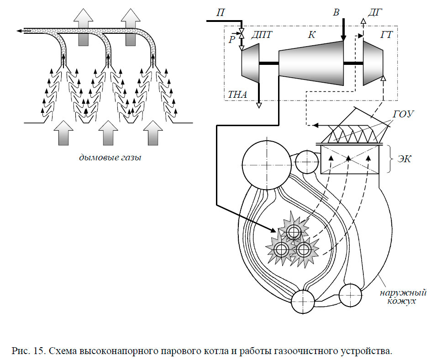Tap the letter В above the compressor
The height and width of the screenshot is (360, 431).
click(336, 12)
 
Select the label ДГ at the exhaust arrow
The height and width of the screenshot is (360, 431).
click(375, 13)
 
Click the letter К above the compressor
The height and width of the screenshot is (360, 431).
click(311, 35)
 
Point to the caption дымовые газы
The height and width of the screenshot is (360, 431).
click(110, 158)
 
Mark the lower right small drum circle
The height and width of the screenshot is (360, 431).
click(351, 295)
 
